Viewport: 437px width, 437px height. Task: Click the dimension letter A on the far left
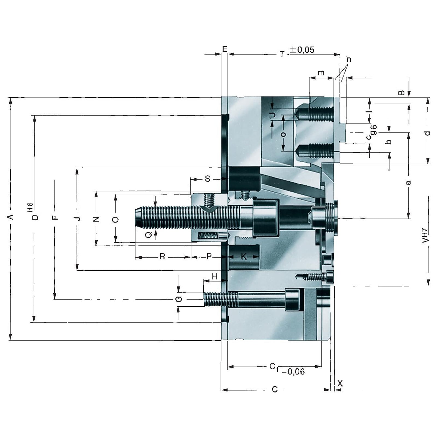[10, 217]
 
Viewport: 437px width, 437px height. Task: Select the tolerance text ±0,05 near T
[302, 50]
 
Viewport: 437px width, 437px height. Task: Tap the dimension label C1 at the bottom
[274, 367]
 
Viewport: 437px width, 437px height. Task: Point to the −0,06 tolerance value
[293, 371]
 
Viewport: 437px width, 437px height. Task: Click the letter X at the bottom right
[340, 383]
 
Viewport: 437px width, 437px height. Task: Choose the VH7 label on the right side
[426, 235]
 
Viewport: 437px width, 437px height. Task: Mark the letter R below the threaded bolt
[162, 256]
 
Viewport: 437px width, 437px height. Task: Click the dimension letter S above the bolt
[208, 179]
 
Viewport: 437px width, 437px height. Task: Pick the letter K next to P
[244, 256]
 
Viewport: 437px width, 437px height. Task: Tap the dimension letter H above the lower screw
[215, 276]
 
